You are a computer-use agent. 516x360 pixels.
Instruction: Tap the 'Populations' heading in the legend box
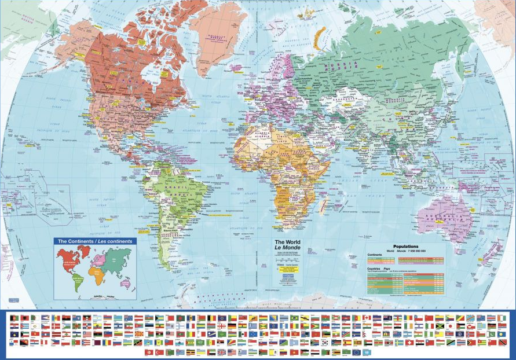(x=409, y=247)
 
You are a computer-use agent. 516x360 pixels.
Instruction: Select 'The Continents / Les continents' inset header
(x=94, y=241)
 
